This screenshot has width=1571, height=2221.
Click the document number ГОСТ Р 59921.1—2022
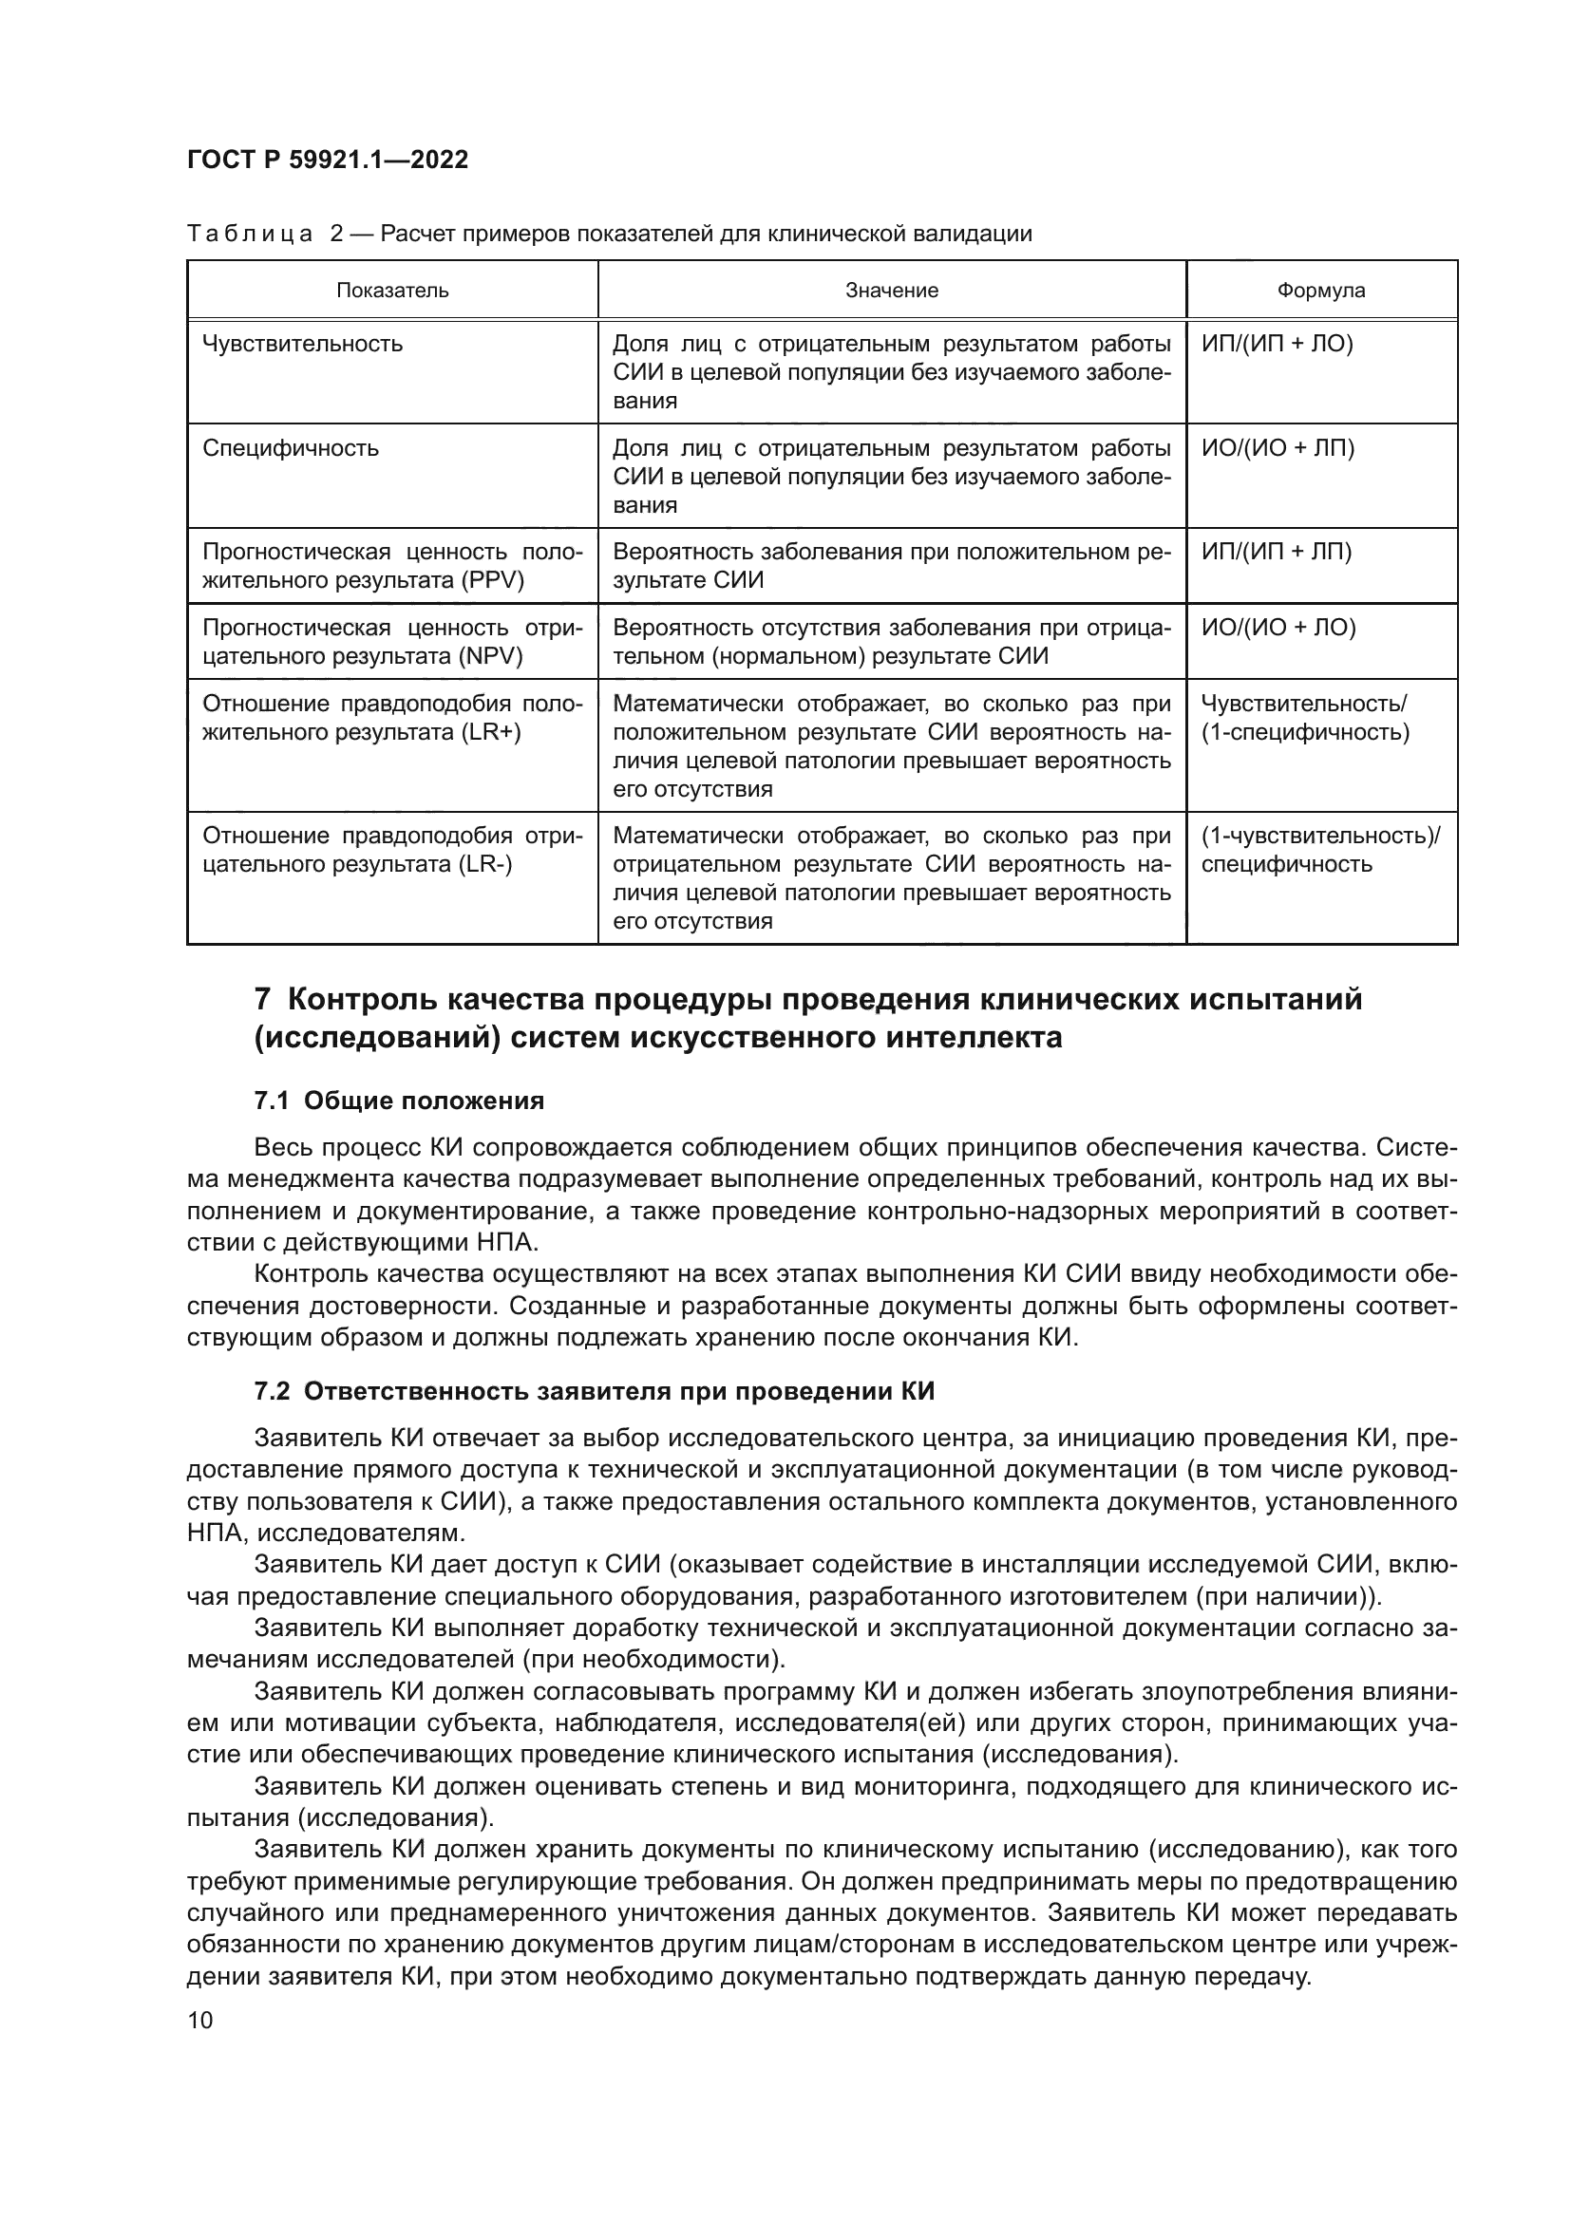pyautogui.click(x=327, y=160)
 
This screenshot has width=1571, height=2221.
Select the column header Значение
pyautogui.click(x=891, y=291)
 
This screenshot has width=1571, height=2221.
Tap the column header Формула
pyautogui.click(x=1320, y=291)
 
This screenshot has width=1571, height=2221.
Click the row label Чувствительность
pyautogui.click(x=302, y=345)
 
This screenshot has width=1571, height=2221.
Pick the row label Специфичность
pyautogui.click(x=291, y=449)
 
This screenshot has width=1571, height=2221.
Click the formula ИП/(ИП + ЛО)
pyautogui.click(x=1277, y=345)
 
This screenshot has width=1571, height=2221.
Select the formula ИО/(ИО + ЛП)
pyautogui.click(x=1278, y=449)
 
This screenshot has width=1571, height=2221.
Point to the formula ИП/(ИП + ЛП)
pyautogui.click(x=1276, y=553)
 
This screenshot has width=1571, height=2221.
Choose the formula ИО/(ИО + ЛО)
pyautogui.click(x=1278, y=628)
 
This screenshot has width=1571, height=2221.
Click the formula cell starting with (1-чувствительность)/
pyautogui.click(x=1319, y=836)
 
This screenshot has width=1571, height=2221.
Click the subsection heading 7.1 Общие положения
pyautogui.click(x=399, y=1101)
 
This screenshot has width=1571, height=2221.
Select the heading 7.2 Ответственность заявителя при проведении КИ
pyautogui.click(x=594, y=1392)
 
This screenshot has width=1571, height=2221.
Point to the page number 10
pyautogui.click(x=200, y=2021)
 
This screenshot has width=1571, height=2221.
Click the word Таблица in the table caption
pyautogui.click(x=250, y=235)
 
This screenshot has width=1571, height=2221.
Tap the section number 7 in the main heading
pyautogui.click(x=261, y=999)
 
